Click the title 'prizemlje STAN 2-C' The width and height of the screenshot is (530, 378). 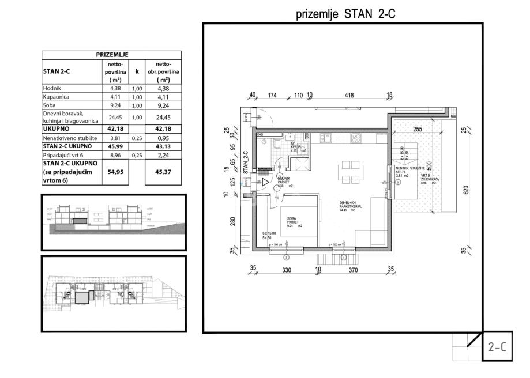pyautogui.click(x=345, y=14)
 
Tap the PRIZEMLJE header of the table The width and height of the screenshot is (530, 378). pyautogui.click(x=111, y=54)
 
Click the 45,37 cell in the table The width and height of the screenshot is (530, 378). pyautogui.click(x=164, y=172)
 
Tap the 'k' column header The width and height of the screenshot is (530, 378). pyautogui.click(x=137, y=72)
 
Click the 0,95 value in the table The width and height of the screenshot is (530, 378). pyautogui.click(x=164, y=138)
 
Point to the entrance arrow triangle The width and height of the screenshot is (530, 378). pyautogui.click(x=266, y=182)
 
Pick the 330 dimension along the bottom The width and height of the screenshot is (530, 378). pyautogui.click(x=285, y=269)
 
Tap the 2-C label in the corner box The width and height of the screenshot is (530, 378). pyautogui.click(x=497, y=348)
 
